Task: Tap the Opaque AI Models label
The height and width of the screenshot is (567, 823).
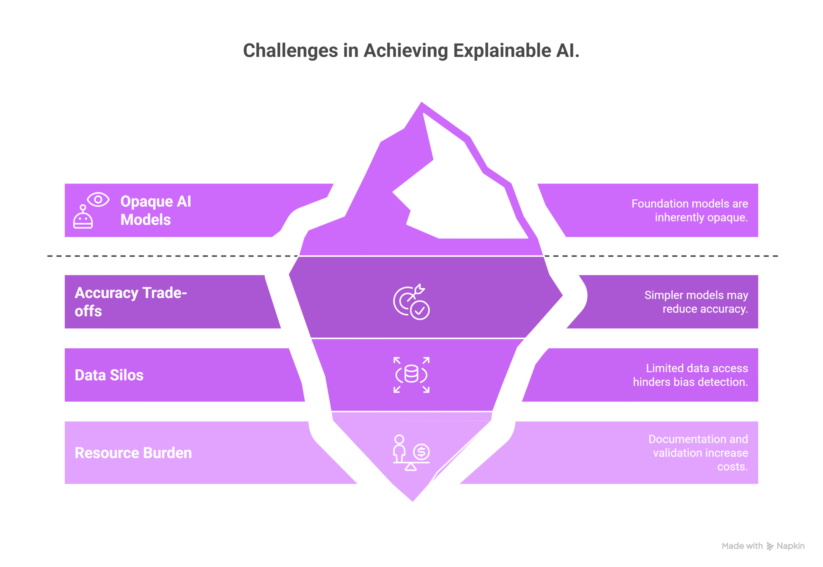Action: [156, 210]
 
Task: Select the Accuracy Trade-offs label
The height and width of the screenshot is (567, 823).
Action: [131, 301]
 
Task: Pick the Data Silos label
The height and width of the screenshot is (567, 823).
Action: [109, 375]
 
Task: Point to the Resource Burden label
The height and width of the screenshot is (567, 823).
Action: [133, 453]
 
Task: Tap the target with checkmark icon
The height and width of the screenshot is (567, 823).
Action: [411, 302]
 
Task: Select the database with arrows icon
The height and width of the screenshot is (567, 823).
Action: [411, 375]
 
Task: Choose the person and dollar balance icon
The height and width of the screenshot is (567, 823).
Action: [411, 453]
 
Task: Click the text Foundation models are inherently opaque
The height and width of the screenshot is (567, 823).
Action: [689, 210]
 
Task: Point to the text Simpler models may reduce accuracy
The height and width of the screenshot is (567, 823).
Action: [696, 302]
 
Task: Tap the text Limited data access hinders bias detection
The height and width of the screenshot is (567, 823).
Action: [690, 375]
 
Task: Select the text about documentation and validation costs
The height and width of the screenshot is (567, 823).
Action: [698, 453]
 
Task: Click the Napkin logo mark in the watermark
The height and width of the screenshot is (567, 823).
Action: [770, 546]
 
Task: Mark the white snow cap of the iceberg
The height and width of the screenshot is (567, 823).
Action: [462, 192]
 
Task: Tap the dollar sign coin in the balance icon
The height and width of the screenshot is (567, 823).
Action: [421, 452]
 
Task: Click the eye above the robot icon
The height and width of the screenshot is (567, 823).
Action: [98, 200]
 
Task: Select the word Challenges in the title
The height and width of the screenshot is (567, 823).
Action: [290, 50]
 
